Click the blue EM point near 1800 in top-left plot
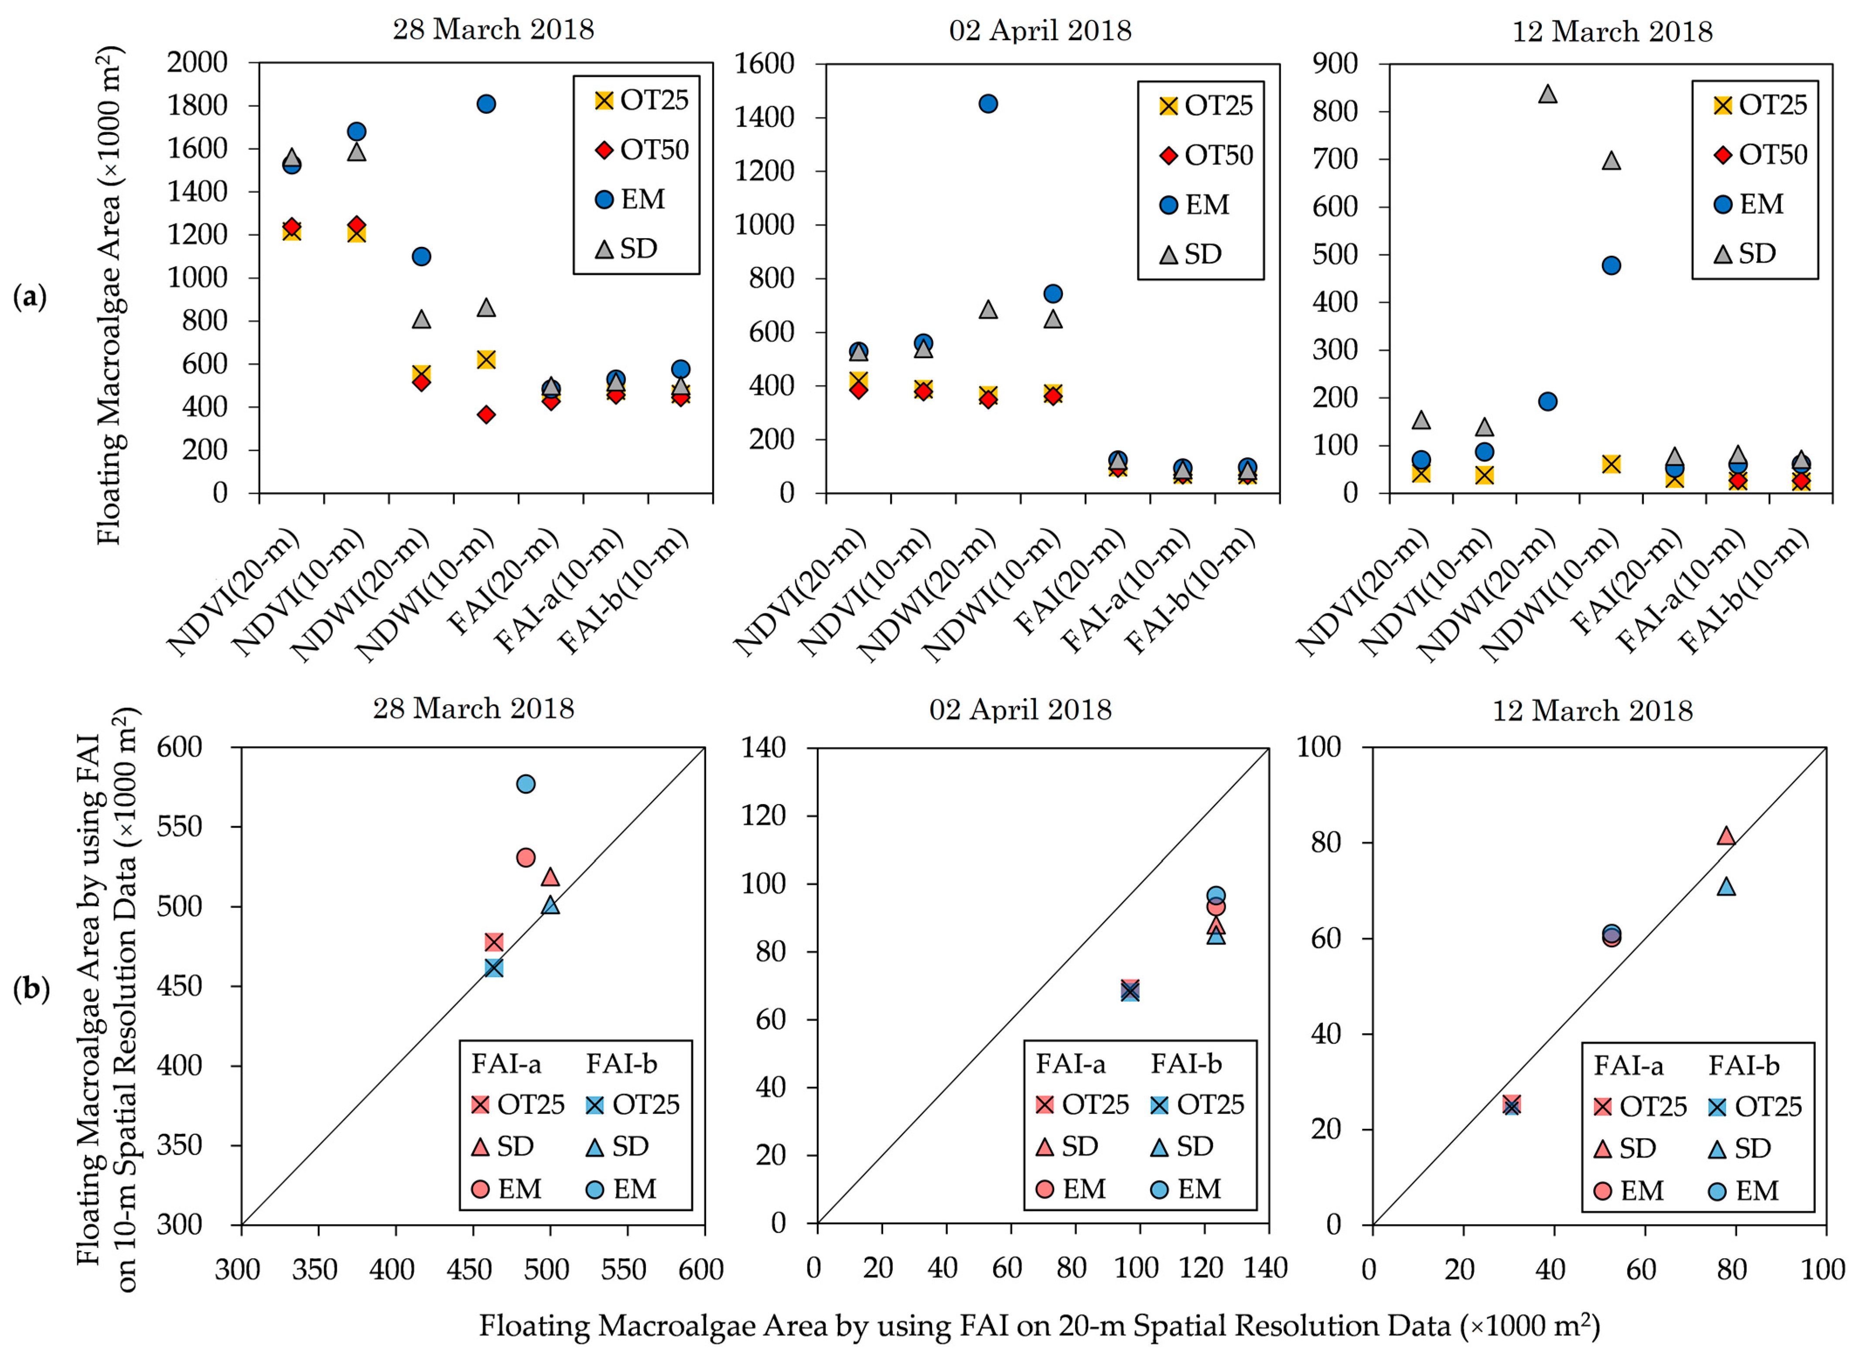[486, 104]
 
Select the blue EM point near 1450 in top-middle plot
[988, 104]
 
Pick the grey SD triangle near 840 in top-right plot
[1547, 94]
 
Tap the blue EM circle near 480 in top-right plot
[1611, 265]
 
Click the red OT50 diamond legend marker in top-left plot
[604, 150]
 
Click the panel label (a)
[30, 297]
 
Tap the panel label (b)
[31, 990]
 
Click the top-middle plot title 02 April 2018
[1040, 31]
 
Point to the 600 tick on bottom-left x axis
[701, 1270]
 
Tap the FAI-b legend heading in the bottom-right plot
[1744, 1065]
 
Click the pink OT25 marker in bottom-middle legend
[1045, 1105]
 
